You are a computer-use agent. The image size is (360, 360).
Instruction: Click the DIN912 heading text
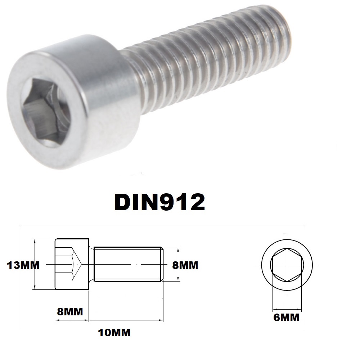coord(159,202)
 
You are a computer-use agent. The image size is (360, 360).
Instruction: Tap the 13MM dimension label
coord(23,265)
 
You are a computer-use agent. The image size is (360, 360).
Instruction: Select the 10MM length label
coord(114,332)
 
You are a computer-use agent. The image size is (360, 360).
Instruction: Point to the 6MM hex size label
coord(286,318)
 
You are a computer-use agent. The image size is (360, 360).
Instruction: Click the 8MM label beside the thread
coord(185,265)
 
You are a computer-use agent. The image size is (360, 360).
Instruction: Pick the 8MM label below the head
coord(70,311)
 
